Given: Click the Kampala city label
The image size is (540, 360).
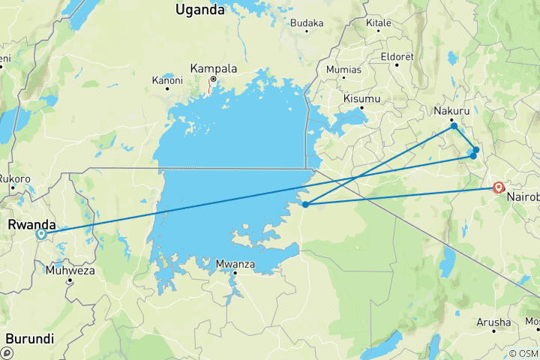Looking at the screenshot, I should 214,67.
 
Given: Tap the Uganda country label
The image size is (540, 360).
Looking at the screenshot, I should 199,10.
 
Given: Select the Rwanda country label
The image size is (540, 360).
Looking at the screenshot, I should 32,223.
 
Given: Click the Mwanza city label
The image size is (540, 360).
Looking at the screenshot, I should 235,264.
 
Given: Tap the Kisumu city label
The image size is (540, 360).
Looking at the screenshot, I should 361,98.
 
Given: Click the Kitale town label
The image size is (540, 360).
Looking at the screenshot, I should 379,23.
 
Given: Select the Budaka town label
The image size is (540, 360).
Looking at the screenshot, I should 307,23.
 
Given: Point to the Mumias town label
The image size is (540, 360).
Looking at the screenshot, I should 343,69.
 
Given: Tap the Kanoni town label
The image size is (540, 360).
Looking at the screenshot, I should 167,79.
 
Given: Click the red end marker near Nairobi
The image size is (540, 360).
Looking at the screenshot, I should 499,187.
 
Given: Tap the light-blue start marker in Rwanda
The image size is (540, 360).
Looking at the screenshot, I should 41,234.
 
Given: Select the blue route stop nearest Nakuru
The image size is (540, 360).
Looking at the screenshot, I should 454,126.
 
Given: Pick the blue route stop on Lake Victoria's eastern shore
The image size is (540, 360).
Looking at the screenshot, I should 305,204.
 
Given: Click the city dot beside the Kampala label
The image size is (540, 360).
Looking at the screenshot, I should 213,79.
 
